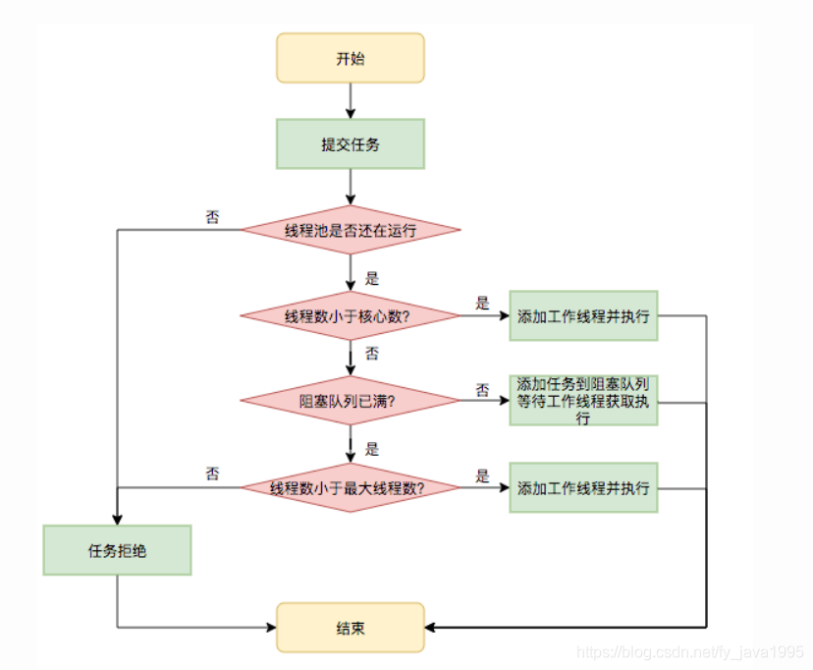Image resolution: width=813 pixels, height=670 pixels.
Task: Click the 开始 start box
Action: tap(350, 58)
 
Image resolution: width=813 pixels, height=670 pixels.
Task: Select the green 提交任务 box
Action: tap(350, 144)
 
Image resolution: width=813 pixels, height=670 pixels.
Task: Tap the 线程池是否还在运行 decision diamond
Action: tap(351, 230)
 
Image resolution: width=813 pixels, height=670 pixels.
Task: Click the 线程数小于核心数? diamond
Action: tap(351, 316)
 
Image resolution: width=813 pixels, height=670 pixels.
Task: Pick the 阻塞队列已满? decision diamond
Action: tap(351, 401)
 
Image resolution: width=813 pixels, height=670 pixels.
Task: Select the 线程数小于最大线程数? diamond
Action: tap(351, 487)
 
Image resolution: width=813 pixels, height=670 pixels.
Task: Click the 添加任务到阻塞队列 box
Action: tap(583, 401)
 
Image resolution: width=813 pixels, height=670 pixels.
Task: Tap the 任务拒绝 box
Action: tap(117, 550)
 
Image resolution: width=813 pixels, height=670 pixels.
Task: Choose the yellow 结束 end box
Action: tap(350, 628)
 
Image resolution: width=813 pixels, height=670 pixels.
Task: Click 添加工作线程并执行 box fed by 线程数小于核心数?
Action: tap(583, 316)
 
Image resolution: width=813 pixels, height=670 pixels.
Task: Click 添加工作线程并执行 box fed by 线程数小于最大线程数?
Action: tap(583, 487)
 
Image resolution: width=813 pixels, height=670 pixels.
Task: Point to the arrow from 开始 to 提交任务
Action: tap(351, 100)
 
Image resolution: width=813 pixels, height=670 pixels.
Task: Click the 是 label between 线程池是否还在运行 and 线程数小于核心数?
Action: tap(371, 278)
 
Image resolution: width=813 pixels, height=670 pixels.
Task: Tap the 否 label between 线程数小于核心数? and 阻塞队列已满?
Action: tap(371, 353)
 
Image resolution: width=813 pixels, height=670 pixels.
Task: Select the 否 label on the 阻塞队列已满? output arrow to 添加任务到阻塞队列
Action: tap(482, 390)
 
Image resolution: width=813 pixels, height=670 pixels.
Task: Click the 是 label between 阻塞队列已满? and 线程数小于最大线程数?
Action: tap(371, 449)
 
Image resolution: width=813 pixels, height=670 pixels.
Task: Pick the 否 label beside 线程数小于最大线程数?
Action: tap(212, 475)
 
